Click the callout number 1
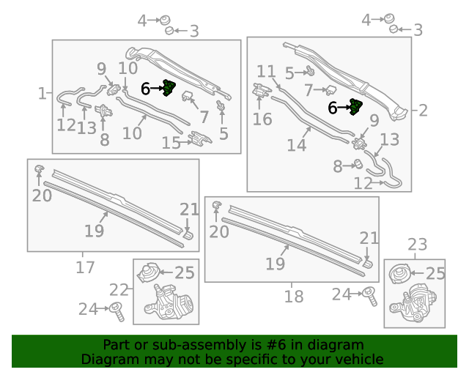click(43, 93)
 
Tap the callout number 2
click(423, 111)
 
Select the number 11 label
click(266, 72)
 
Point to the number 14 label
click(296, 145)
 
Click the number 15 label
click(171, 143)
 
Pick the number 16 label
click(262, 119)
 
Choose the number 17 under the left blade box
click(85, 267)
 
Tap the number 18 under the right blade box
click(293, 297)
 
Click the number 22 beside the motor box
click(119, 290)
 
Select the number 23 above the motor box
click(417, 245)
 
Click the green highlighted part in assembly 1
click(169, 88)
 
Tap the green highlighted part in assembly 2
click(356, 107)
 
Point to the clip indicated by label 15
click(200, 138)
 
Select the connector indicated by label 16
click(262, 90)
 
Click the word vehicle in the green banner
click(362, 359)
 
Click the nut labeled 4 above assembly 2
click(389, 18)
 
